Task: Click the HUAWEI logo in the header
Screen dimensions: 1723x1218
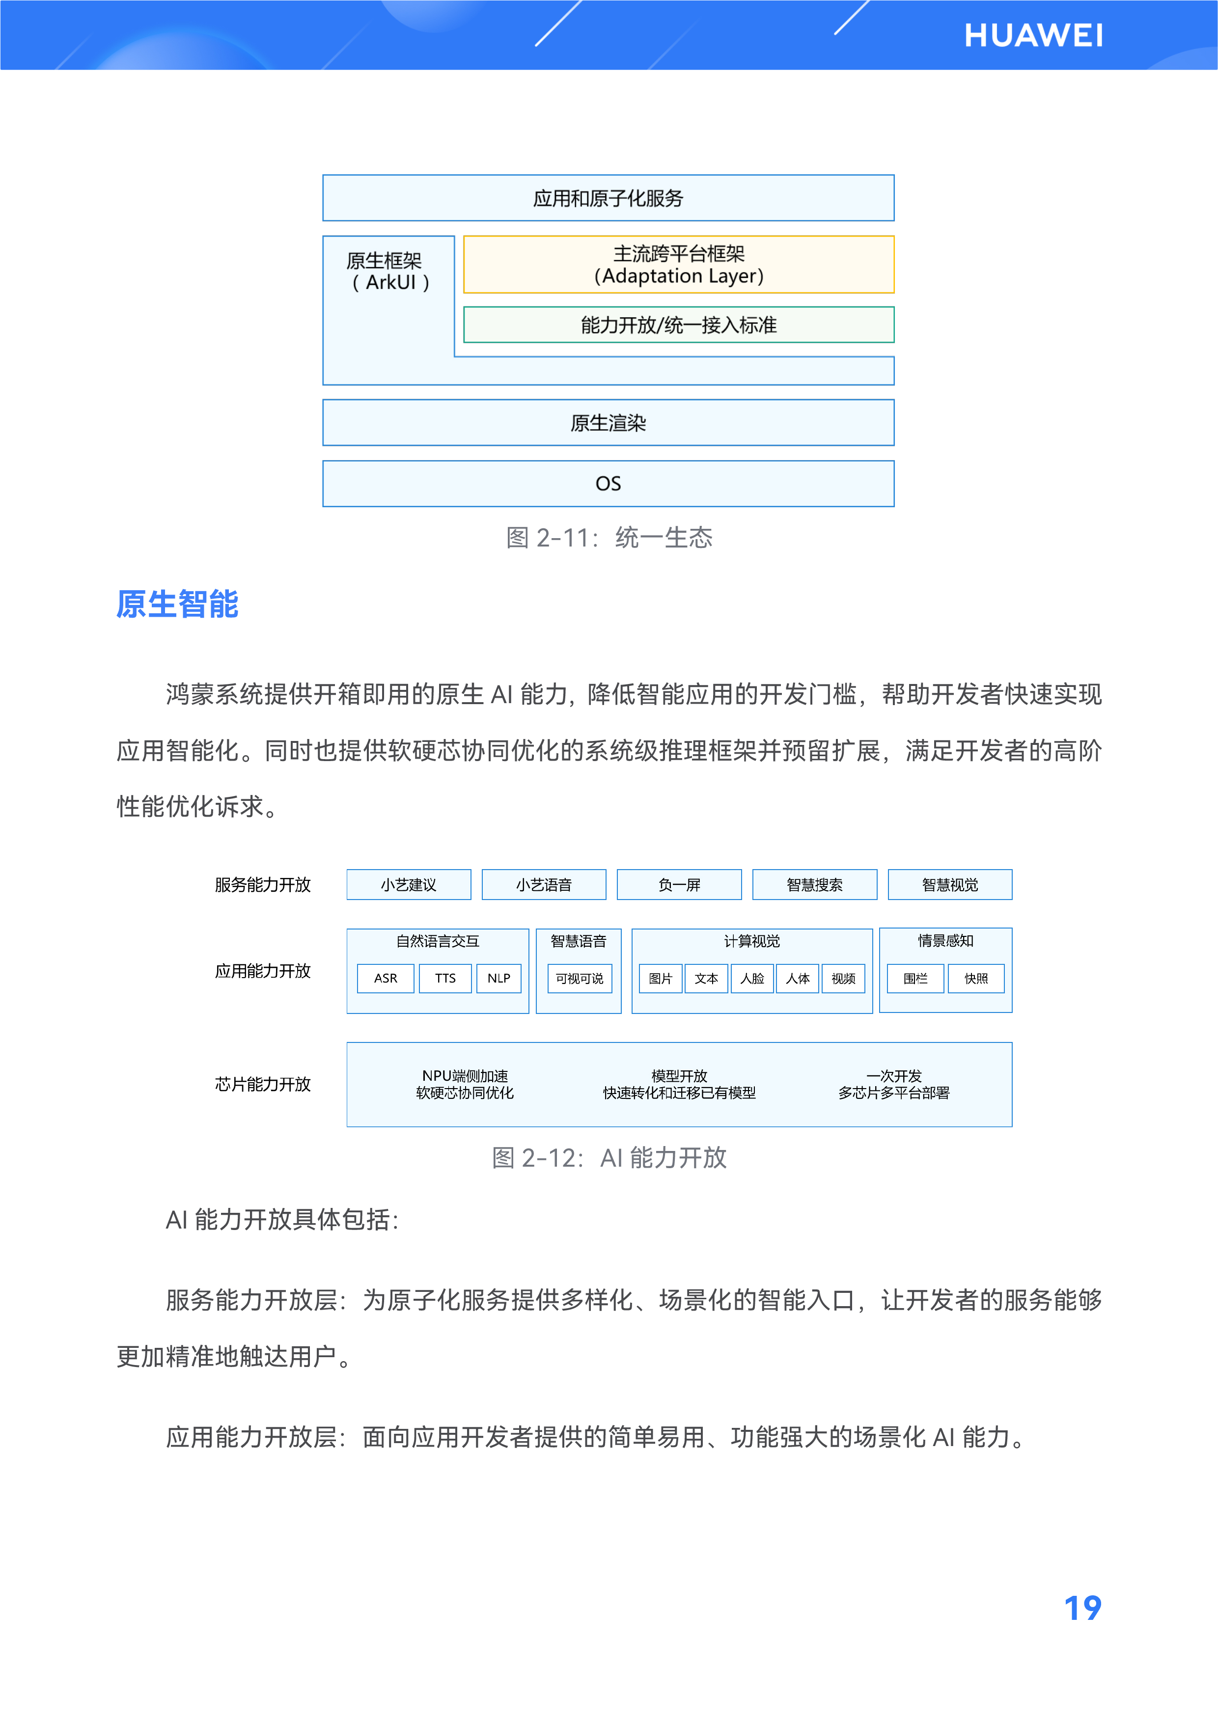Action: [1033, 36]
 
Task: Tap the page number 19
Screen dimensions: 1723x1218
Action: [1082, 1608]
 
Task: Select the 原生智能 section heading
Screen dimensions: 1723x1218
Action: [177, 604]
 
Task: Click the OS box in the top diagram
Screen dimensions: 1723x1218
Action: [608, 483]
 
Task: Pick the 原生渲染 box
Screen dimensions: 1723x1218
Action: [608, 422]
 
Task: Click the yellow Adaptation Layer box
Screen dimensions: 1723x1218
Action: [678, 265]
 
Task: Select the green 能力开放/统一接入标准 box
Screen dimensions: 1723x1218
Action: [678, 325]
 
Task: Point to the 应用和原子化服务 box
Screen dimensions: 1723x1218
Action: [608, 198]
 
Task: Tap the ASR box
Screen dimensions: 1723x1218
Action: [385, 979]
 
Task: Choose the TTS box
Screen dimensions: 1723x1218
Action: [445, 979]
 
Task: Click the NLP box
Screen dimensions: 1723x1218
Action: [498, 979]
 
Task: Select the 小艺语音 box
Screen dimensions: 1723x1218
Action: [543, 885]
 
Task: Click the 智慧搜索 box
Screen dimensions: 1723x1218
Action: [814, 885]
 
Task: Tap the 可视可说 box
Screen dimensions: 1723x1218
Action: [580, 979]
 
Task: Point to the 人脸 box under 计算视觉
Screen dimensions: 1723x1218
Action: [751, 979]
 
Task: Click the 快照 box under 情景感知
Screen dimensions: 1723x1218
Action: [975, 979]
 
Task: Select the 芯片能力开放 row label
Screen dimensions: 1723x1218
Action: [263, 1084]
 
